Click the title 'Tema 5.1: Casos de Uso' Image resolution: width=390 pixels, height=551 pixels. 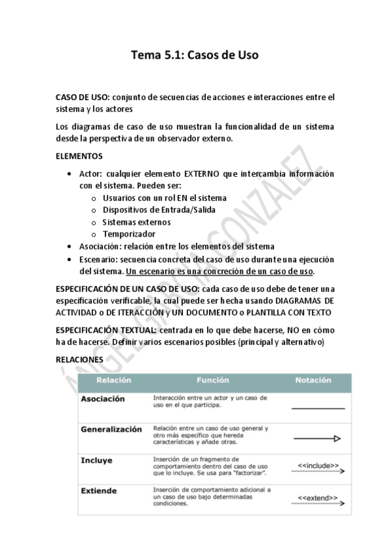(x=195, y=55)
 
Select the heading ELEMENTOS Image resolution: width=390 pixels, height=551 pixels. (x=79, y=157)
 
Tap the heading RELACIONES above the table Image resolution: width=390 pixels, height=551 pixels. (x=79, y=359)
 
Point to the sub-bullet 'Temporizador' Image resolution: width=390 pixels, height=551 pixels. (x=129, y=234)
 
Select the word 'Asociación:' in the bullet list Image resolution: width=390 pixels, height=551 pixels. (x=102, y=246)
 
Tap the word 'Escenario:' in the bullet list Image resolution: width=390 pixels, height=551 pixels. (x=99, y=259)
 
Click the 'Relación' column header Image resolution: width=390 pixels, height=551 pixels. (x=114, y=380)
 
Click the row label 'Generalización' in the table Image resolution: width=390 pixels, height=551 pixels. (x=111, y=429)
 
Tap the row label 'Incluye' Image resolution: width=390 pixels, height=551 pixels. (x=96, y=460)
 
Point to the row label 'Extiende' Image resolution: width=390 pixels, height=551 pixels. (x=98, y=491)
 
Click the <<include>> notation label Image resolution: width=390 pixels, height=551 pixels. (x=318, y=465)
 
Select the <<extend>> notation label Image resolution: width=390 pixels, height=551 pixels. (x=318, y=498)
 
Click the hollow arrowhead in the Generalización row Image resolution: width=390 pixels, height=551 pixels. (x=337, y=439)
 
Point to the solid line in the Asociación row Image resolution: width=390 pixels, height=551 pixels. (x=318, y=408)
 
